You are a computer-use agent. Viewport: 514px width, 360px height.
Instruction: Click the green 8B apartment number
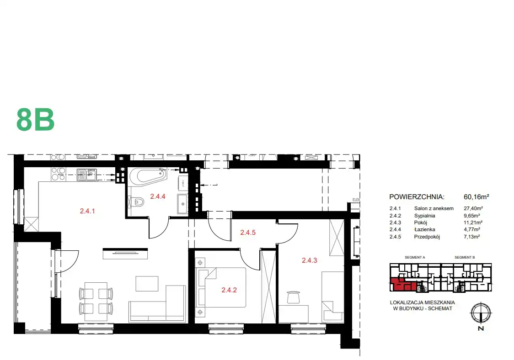[35, 120]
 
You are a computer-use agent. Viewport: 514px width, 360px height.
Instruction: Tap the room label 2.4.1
[87, 211]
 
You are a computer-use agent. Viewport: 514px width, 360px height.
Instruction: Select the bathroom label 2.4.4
[158, 196]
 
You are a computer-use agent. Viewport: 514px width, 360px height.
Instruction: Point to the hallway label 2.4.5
[248, 233]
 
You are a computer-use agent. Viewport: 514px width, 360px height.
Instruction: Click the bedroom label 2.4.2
[229, 290]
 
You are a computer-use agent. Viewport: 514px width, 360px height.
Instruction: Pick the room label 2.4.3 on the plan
[310, 260]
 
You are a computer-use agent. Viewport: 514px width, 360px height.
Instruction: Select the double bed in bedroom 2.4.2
[220, 287]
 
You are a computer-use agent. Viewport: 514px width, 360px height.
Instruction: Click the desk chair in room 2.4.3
[293, 297]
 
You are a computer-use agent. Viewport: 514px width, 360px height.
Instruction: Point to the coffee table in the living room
[147, 284]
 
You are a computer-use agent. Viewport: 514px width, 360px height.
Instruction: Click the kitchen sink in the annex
[86, 175]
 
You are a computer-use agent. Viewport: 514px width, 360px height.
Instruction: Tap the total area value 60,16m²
[477, 197]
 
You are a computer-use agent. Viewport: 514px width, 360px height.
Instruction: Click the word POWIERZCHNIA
[417, 197]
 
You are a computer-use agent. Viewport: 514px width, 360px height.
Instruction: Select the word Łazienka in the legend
[424, 230]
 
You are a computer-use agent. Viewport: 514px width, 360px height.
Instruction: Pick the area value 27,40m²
[473, 208]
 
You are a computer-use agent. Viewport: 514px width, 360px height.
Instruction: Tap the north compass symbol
[481, 313]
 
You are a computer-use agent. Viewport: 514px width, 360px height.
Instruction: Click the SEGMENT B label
[465, 258]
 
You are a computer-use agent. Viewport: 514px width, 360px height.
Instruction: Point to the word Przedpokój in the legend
[427, 237]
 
